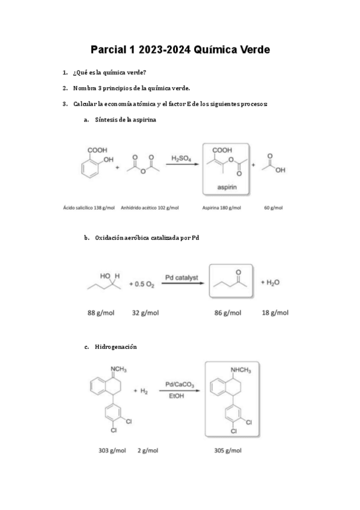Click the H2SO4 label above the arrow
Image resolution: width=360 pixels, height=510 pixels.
coord(182,159)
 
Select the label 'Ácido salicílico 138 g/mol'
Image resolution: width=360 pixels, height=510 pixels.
coord(90,208)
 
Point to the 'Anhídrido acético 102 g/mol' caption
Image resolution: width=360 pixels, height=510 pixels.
coord(150,208)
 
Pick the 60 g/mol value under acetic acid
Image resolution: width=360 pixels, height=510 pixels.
coord(273,208)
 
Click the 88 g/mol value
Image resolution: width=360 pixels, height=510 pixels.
coord(100,313)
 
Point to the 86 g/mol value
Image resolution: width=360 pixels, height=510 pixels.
coord(228,313)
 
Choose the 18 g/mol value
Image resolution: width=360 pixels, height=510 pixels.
coord(275,313)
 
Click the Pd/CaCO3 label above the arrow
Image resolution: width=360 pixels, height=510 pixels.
coord(178,384)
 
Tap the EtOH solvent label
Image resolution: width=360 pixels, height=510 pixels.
coord(177,398)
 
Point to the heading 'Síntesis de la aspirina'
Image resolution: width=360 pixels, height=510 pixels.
coord(126,120)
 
